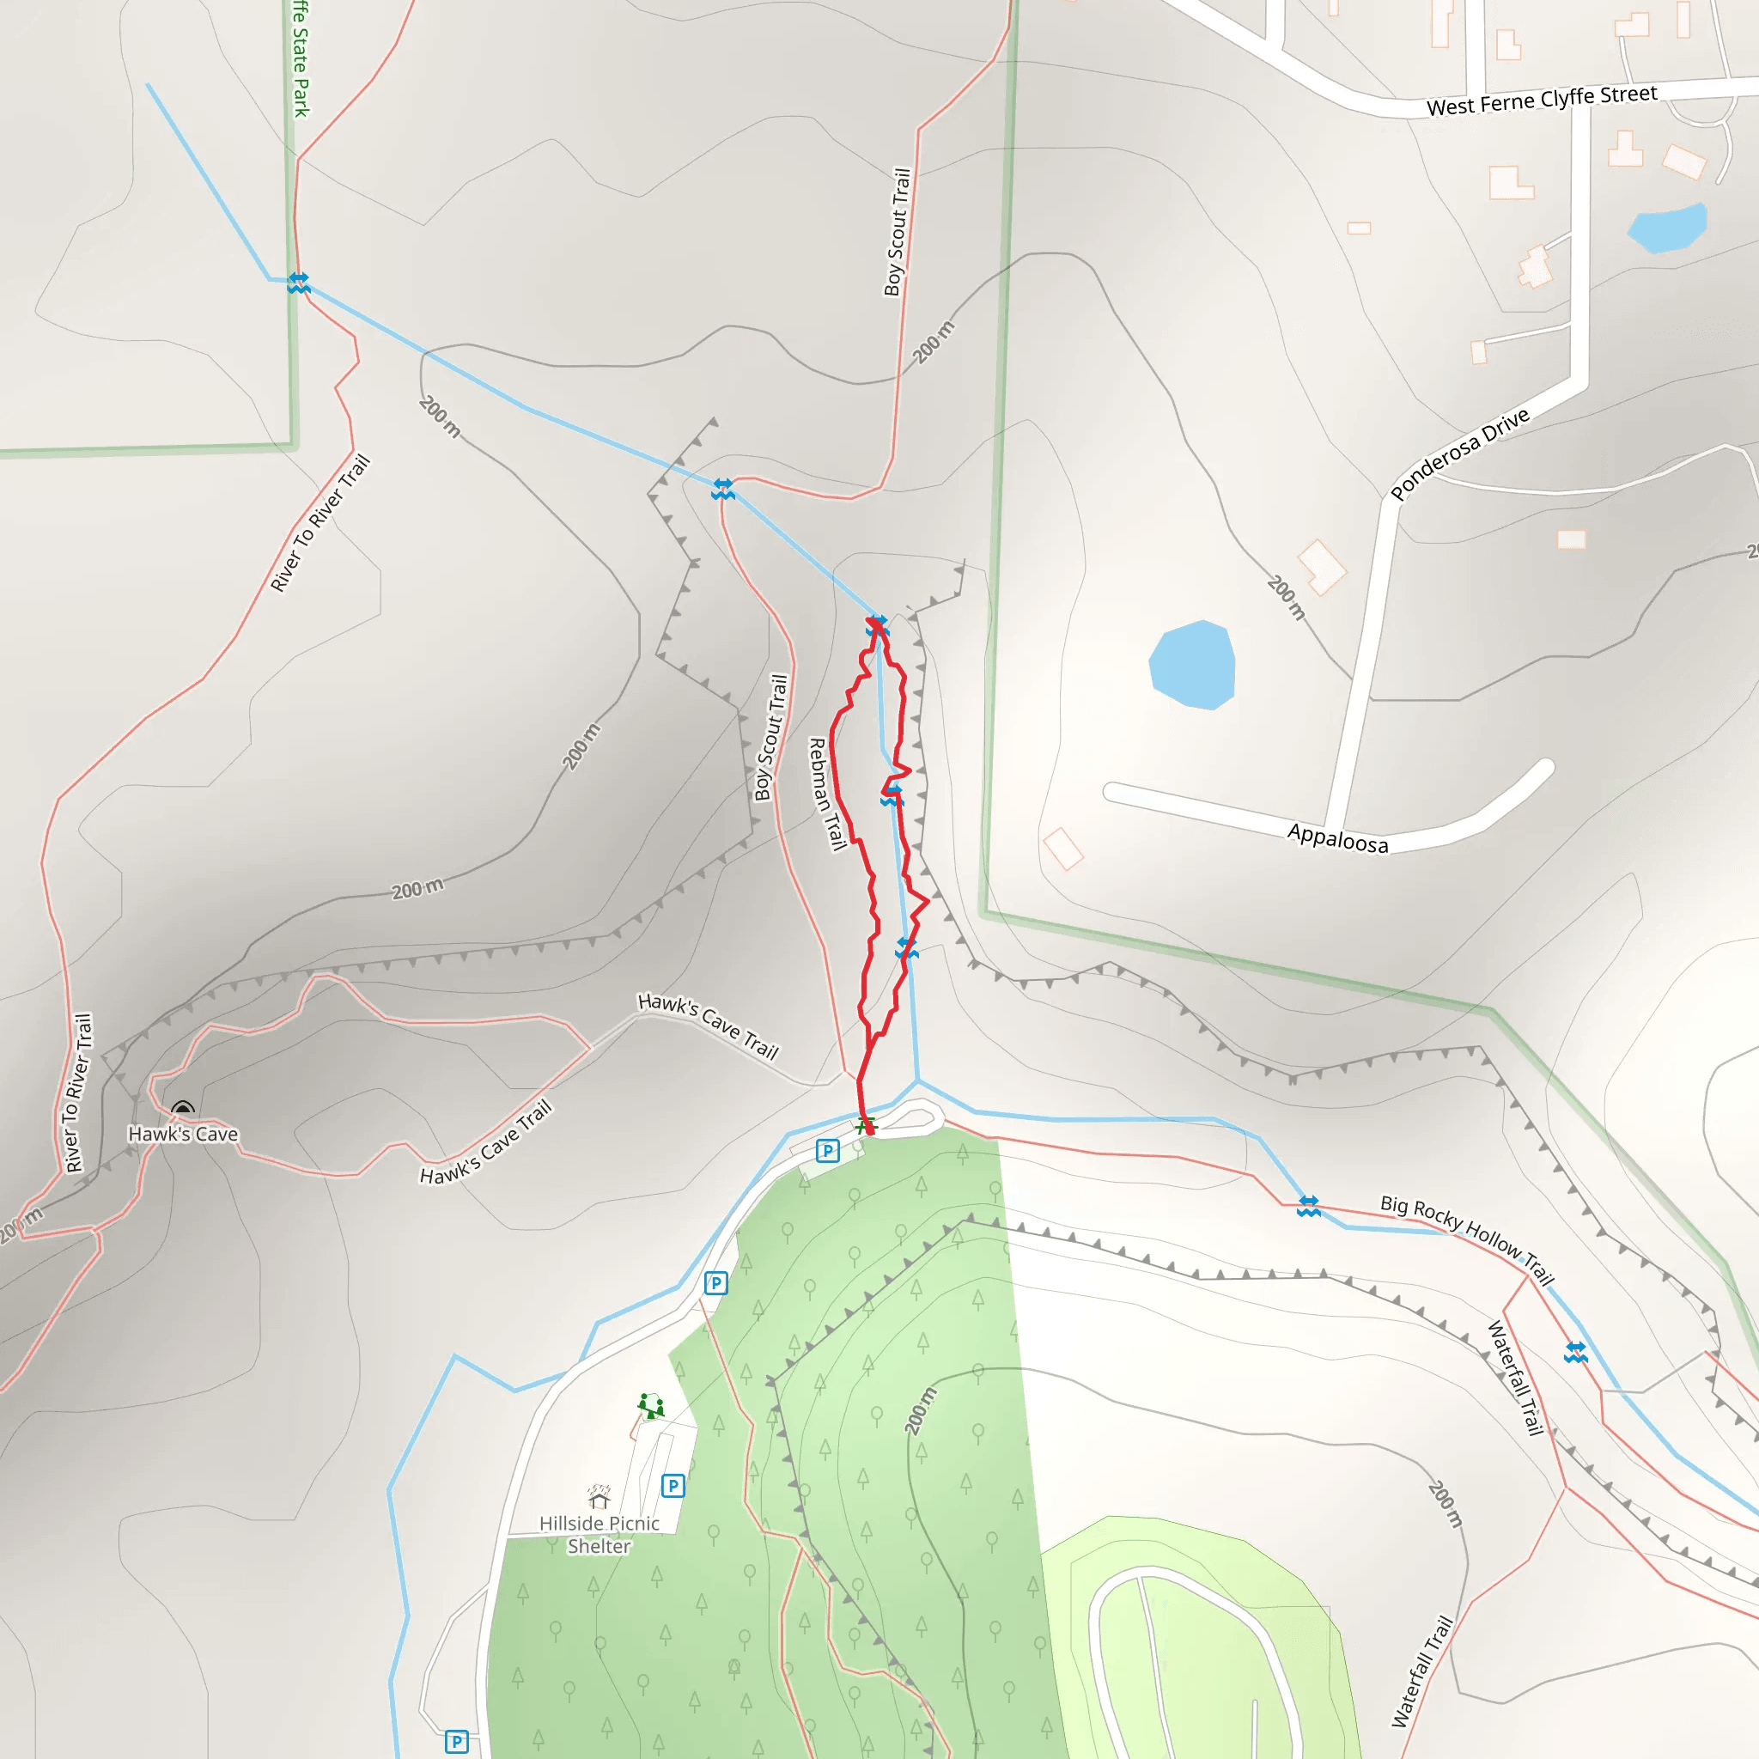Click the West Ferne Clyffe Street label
pos(1541,100)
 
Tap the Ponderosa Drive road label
pos(1459,453)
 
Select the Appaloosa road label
pos(1337,837)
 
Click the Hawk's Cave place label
pos(183,1135)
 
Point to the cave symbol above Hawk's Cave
pos(183,1109)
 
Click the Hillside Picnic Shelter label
pos(600,1534)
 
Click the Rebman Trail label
pos(827,794)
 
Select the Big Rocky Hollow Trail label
pos(1467,1240)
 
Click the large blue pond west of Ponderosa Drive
pos(1192,664)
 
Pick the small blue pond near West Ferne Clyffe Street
pos(1667,228)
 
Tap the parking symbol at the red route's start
pos(827,1151)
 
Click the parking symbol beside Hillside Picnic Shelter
pos(673,1486)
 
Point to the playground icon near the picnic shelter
pos(650,1407)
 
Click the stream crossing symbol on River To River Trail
pos(299,283)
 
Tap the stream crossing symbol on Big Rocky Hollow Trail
pos(1308,1207)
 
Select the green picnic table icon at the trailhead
pos(865,1126)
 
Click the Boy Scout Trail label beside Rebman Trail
pos(770,738)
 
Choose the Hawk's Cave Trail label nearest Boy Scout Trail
pos(709,1026)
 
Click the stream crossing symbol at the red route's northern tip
pos(877,625)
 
